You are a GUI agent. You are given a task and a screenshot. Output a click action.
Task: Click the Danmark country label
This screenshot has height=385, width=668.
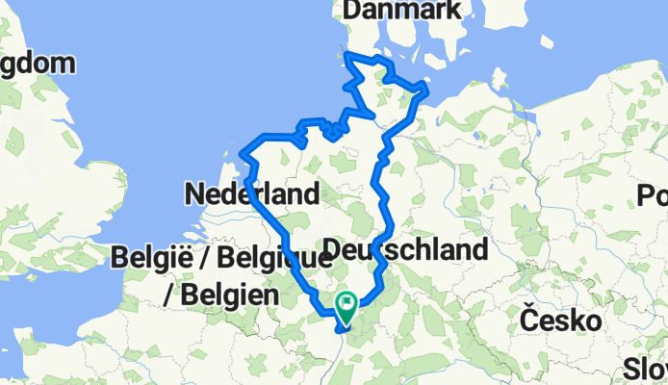pos(403,11)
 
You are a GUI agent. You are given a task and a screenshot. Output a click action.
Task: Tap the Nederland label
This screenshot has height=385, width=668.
pos(251,194)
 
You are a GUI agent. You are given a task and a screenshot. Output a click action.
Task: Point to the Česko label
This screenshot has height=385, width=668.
pos(554,319)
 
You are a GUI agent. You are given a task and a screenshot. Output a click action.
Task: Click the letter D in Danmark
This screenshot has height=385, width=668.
pos(349,11)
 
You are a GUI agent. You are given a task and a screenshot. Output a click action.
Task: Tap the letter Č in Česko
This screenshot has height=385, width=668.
pos(528,319)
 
